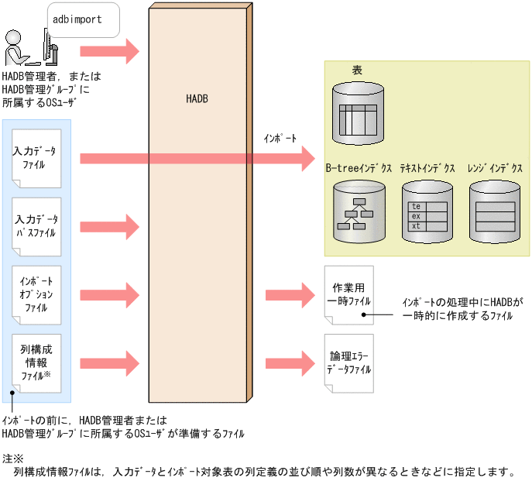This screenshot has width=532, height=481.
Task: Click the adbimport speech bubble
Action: click(x=83, y=19)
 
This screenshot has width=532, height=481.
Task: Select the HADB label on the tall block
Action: click(x=197, y=100)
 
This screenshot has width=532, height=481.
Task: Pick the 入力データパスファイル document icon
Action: click(x=36, y=226)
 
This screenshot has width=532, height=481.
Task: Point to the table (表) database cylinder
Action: click(x=359, y=113)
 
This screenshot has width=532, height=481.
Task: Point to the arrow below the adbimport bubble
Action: click(x=109, y=52)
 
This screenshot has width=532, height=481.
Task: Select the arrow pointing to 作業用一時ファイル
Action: click(x=289, y=295)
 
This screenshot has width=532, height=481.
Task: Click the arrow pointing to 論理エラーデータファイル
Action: click(x=289, y=363)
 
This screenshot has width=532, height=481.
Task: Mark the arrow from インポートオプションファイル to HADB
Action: click(x=109, y=295)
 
